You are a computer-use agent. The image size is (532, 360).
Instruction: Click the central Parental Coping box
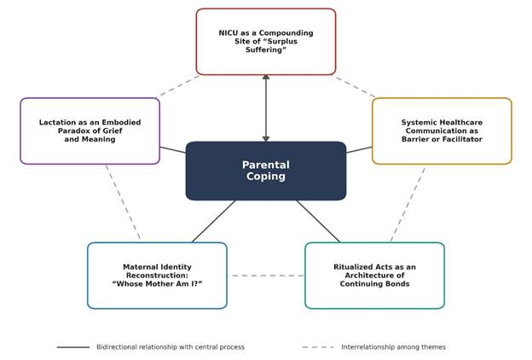pos(266,171)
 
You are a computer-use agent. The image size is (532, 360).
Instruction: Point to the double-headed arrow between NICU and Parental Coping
pos(266,108)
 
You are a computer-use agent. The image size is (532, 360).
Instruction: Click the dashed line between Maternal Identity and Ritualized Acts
pos(266,276)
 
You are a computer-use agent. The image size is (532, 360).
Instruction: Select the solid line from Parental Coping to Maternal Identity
pos(213,222)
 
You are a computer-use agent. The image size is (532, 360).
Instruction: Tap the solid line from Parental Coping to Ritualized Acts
pos(318,222)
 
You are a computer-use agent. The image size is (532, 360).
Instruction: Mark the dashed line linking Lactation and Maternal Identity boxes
pos(123,201)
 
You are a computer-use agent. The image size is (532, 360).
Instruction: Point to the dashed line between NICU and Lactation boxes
pos(178,86)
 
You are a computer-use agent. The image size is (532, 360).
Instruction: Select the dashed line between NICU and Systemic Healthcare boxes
pos(354,87)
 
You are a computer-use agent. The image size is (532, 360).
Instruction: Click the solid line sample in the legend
pos(73,347)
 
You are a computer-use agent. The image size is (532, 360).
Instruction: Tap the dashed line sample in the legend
pos(318,347)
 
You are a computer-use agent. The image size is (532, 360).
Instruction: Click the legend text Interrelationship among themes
pos(393,347)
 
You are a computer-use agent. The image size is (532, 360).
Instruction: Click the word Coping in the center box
pos(266,177)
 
